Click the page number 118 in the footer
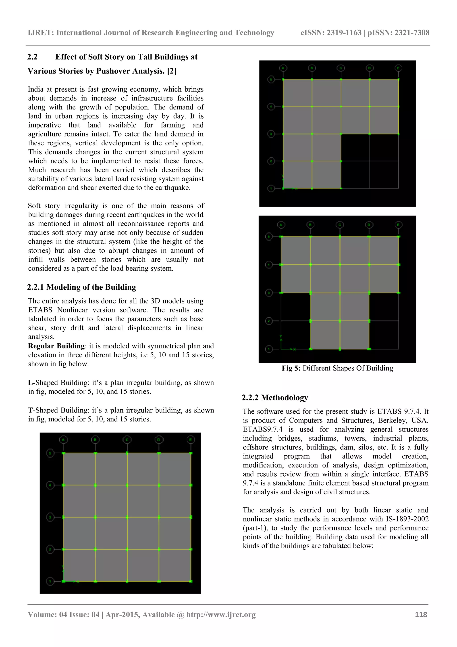pos(421,615)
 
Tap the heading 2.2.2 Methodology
pos(275,397)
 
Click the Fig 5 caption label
pos(291,368)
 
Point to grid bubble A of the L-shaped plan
pos(283,68)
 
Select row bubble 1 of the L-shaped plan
pos(271,188)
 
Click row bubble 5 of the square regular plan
pos(50,453)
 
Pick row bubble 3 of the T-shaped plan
pos(269,293)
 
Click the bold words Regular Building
pos(56,346)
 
